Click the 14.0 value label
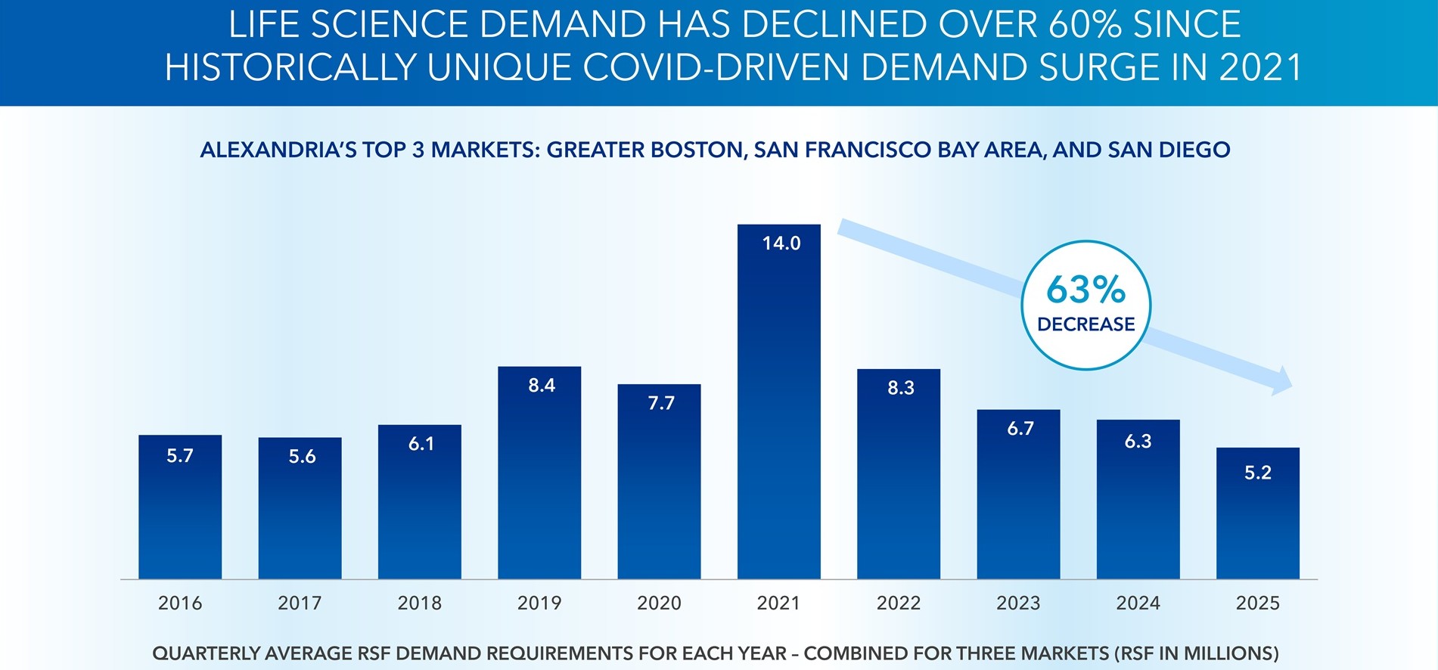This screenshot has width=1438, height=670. tap(781, 243)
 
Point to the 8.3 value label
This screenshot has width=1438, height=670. tap(900, 388)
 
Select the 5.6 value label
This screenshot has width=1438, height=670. tap(302, 457)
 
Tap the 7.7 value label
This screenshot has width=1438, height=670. tap(660, 404)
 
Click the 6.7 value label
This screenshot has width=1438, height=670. tap(1020, 429)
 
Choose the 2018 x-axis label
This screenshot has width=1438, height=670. tap(419, 603)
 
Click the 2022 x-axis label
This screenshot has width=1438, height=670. tap(898, 603)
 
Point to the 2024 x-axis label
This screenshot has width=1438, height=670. tap(1138, 603)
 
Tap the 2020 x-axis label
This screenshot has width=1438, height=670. tap(659, 603)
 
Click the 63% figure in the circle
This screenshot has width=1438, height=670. tap(1085, 290)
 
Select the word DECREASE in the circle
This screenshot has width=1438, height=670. tap(1085, 324)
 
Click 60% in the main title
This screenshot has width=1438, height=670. tap(1084, 25)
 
